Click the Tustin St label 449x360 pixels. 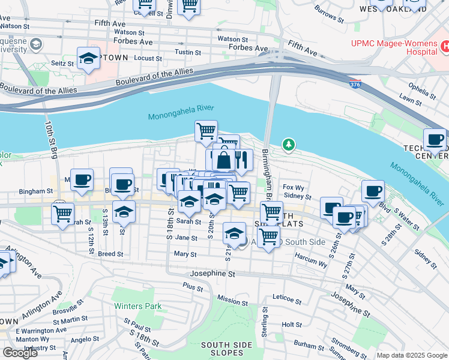click(x=188, y=53)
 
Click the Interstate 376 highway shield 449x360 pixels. click(x=355, y=84)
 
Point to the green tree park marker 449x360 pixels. click(x=289, y=145)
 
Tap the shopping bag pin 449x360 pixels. click(x=223, y=160)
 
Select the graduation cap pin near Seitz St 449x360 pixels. click(x=89, y=58)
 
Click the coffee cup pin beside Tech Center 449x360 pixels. click(x=435, y=140)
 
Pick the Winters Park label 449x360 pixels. click(x=138, y=306)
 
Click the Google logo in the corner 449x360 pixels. click(x=20, y=353)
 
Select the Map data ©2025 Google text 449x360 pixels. click(x=412, y=355)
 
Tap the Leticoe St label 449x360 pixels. click(x=286, y=296)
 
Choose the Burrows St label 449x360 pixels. click(x=329, y=16)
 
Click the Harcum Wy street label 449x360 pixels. click(x=310, y=260)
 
